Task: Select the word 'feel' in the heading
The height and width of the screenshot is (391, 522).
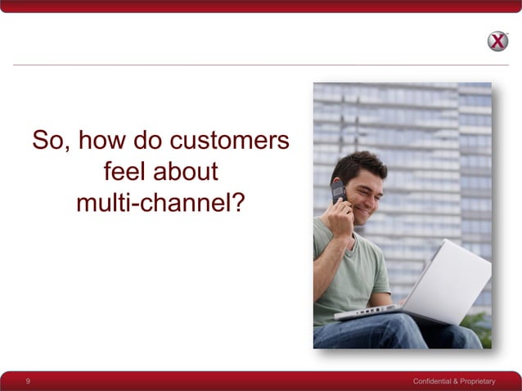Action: coord(124,172)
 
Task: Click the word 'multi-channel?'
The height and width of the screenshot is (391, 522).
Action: coord(160,202)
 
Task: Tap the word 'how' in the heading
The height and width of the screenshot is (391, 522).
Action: coord(101,142)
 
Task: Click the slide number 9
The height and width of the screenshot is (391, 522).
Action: coord(28,381)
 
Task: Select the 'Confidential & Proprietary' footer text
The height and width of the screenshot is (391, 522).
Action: coord(454,382)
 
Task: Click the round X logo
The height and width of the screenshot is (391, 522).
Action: coord(497,41)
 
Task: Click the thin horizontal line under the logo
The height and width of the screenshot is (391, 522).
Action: coord(245,65)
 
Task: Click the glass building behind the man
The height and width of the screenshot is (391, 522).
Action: coord(442,147)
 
